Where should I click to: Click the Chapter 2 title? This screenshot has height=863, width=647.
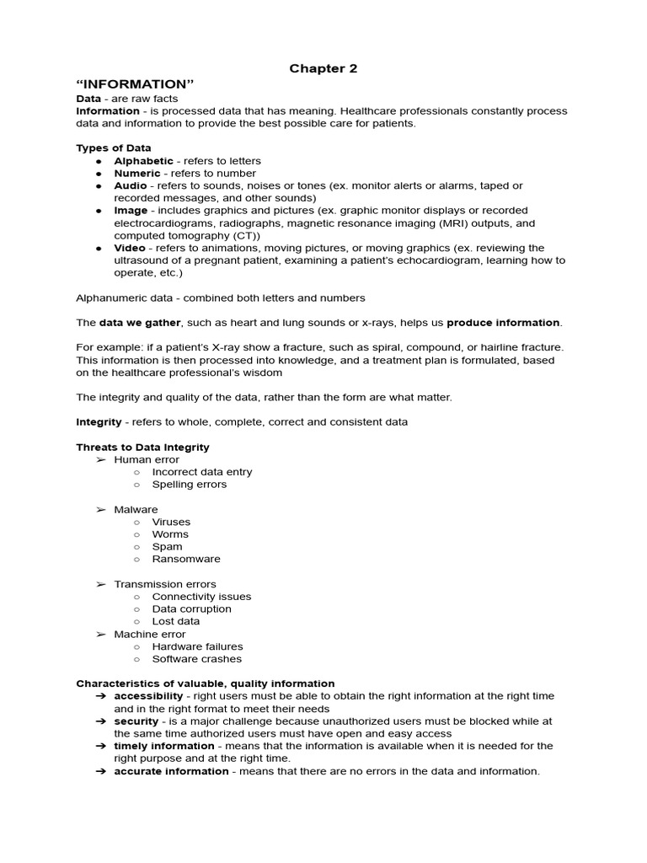(x=323, y=68)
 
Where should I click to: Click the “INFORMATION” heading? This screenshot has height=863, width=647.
(x=135, y=84)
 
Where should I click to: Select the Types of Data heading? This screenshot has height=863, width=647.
(x=114, y=148)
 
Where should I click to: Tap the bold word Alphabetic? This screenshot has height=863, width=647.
(x=143, y=161)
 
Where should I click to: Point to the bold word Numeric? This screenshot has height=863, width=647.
(x=136, y=174)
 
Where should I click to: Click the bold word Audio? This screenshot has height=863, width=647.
(x=131, y=185)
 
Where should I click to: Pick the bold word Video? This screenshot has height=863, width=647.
(x=131, y=248)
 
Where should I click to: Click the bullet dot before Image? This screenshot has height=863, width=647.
(x=99, y=211)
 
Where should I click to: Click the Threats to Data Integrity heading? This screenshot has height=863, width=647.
(x=142, y=448)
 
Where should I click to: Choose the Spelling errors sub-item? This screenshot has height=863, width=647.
(x=189, y=485)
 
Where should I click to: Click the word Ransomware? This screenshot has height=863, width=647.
(x=186, y=559)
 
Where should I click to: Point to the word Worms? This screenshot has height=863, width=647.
(x=170, y=534)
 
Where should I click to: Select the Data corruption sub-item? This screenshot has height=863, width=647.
(x=191, y=608)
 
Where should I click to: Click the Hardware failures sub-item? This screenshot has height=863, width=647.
(x=197, y=646)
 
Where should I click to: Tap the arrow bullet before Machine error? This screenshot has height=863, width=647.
(x=100, y=634)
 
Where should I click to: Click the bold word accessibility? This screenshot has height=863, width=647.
(x=148, y=696)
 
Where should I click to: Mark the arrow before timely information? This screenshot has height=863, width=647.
(x=100, y=746)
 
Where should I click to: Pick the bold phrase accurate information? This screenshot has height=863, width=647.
(x=171, y=771)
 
